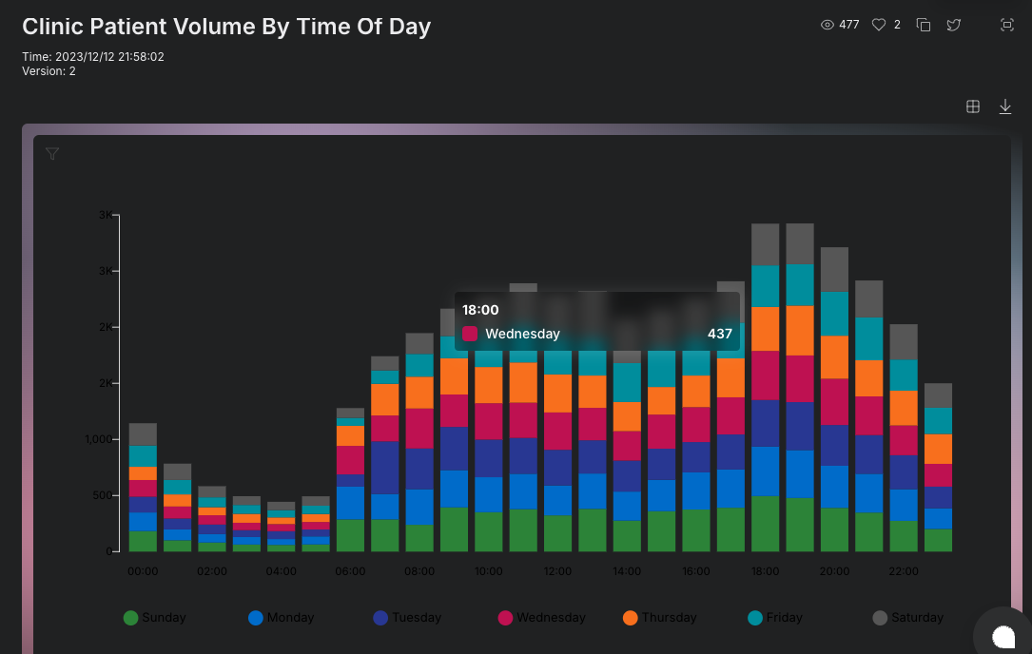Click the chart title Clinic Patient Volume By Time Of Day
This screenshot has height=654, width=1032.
(x=226, y=27)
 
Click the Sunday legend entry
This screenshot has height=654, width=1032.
(x=155, y=618)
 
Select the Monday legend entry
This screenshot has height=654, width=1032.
(x=281, y=618)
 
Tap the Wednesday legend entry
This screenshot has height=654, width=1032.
(x=541, y=618)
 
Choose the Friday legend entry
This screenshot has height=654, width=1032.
(x=775, y=618)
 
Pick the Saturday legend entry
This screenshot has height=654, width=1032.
(x=908, y=618)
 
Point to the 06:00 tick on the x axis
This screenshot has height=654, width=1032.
(x=350, y=571)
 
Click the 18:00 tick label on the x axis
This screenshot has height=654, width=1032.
(x=765, y=571)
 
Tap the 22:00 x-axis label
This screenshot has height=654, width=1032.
(x=904, y=571)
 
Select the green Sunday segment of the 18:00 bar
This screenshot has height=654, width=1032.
(x=765, y=524)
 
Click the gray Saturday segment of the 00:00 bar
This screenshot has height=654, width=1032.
(x=143, y=434)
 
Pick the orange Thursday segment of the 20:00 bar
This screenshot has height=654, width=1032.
(x=834, y=357)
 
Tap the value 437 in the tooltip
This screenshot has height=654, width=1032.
(x=719, y=334)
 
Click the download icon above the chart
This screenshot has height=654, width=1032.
(x=1005, y=107)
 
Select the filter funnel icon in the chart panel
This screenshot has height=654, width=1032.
(x=52, y=154)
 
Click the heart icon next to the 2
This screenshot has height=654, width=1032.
(x=879, y=25)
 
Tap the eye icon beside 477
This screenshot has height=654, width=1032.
(x=827, y=25)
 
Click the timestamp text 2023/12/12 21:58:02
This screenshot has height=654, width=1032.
(x=109, y=57)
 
